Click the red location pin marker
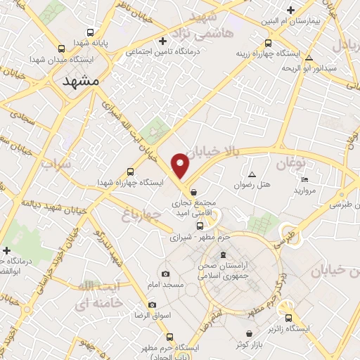pyautogui.click(x=181, y=166)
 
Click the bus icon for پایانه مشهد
pyautogui.click(x=91, y=32)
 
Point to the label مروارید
pyautogui.click(x=306, y=191)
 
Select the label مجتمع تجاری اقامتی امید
pyautogui.click(x=193, y=206)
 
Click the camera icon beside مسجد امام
pyautogui.click(x=165, y=274)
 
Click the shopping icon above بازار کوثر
pyautogui.click(x=250, y=334)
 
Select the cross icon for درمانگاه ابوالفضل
pyautogui.click(x=7, y=250)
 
